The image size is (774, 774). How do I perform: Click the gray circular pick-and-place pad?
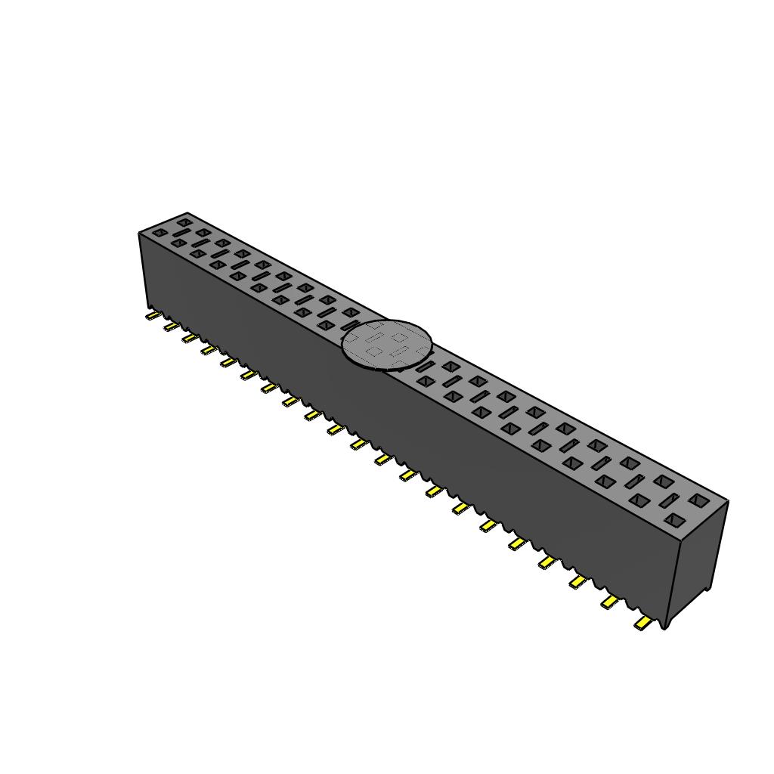click(x=386, y=345)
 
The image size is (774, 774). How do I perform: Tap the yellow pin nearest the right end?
click(x=643, y=623)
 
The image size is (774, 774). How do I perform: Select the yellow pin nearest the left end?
click(x=153, y=314)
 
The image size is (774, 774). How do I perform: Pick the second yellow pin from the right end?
click(x=609, y=602)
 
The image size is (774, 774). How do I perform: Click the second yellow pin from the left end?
click(x=172, y=326)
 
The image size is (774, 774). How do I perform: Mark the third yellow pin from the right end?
click(x=577, y=581)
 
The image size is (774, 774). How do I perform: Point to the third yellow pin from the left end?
click(x=190, y=338)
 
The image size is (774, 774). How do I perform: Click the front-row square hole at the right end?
click(x=673, y=519)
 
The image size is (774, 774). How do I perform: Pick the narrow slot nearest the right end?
click(x=669, y=500)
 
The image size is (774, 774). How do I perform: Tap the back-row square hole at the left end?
click(x=184, y=222)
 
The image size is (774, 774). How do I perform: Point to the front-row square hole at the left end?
click(x=159, y=233)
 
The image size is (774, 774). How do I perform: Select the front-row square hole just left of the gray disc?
click(x=326, y=325)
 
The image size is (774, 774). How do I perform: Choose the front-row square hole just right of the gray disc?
click(x=425, y=382)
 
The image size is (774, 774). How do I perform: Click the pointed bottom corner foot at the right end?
click(x=665, y=624)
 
